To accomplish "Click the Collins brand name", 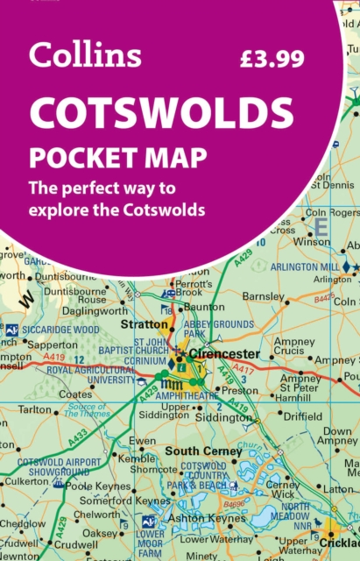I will click(84, 56).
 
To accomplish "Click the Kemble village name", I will click(136, 458).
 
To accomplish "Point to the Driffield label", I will click(303, 416).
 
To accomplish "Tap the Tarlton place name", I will click(35, 408).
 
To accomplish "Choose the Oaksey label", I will click(99, 532).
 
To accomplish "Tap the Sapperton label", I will click(53, 345).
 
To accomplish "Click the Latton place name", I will click(338, 488).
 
